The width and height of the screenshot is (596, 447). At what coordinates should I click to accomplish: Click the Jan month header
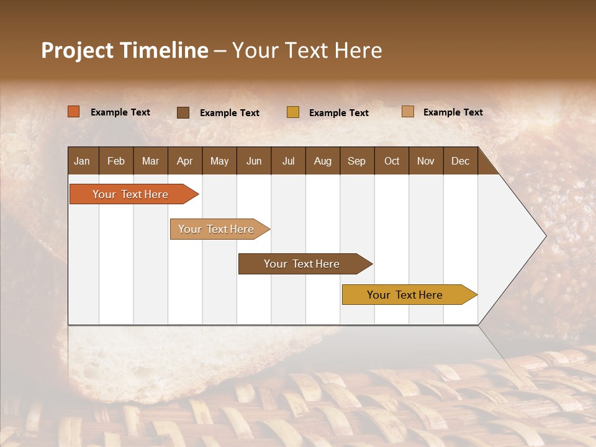[x=83, y=161]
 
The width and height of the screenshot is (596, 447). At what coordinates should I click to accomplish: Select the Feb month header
[x=116, y=161]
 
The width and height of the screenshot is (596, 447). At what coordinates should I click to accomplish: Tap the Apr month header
[x=185, y=161]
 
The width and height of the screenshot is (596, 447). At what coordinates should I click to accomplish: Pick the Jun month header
[x=254, y=161]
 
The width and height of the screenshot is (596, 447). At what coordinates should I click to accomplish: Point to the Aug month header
[x=323, y=161]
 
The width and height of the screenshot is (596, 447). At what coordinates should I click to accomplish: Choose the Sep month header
[x=357, y=161]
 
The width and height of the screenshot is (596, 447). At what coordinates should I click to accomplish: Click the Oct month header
[x=392, y=161]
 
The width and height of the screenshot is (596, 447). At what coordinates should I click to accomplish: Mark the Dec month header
[x=461, y=161]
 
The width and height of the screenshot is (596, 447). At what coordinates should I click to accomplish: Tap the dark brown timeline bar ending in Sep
[x=302, y=264]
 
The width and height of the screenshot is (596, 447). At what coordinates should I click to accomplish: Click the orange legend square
[x=74, y=112]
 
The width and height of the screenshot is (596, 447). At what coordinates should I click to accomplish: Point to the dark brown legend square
[x=183, y=112]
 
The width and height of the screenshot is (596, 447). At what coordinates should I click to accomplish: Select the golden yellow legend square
[x=293, y=112]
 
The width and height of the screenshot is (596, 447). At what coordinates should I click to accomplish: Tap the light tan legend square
[x=407, y=112]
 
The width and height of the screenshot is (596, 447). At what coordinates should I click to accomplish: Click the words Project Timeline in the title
[x=124, y=50]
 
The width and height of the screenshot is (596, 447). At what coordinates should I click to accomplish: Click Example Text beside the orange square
[x=120, y=112]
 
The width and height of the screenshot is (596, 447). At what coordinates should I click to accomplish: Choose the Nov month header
[x=426, y=161]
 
